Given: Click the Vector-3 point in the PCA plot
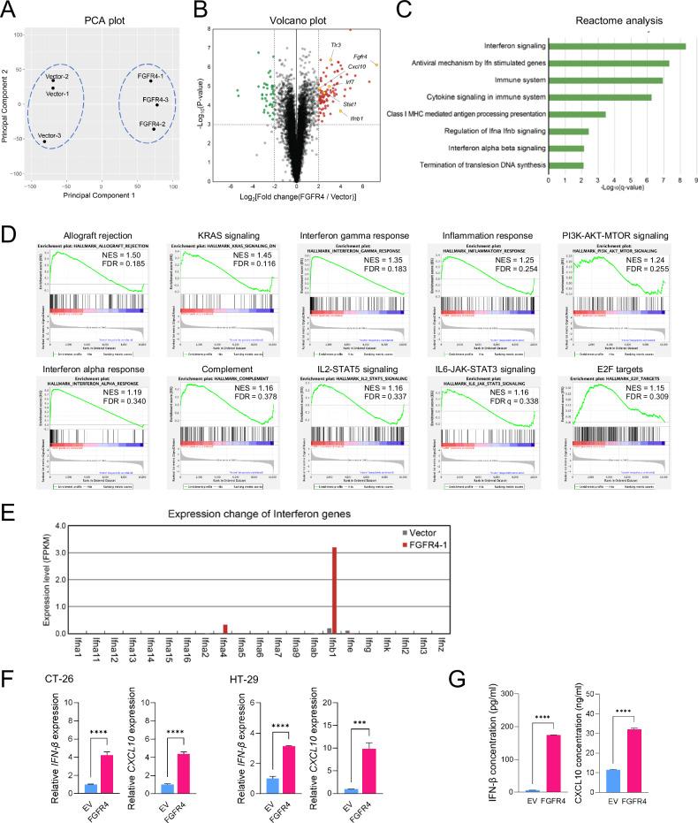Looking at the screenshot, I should tap(44, 141).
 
